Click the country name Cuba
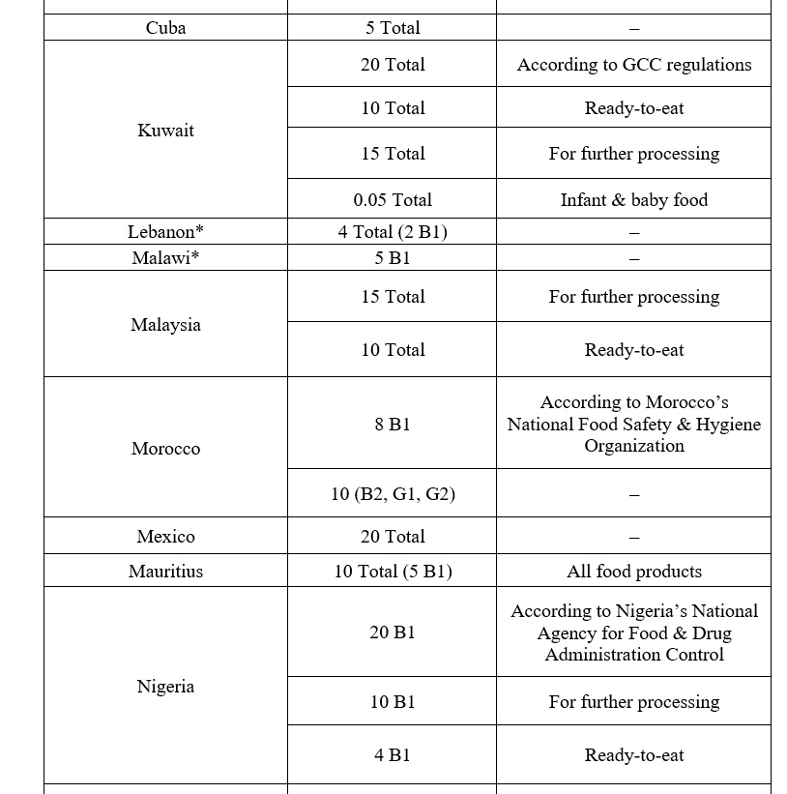click(x=165, y=28)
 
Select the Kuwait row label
click(x=165, y=131)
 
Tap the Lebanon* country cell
click(x=165, y=232)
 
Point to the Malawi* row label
click(x=165, y=258)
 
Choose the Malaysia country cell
click(x=165, y=325)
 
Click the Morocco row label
click(x=165, y=449)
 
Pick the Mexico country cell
click(x=165, y=537)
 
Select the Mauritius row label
click(x=165, y=572)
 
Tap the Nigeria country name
click(x=165, y=687)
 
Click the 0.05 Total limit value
click(x=393, y=200)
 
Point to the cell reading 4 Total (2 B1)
click(x=393, y=232)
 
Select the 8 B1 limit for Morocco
click(x=393, y=425)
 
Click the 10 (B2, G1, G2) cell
click(x=393, y=494)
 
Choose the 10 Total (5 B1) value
click(x=393, y=572)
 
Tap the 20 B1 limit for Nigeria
click(x=393, y=632)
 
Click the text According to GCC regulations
click(x=634, y=65)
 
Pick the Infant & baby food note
click(x=634, y=200)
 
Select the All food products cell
click(x=634, y=572)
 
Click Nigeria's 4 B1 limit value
click(x=393, y=755)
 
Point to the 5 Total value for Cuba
click(x=393, y=28)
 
